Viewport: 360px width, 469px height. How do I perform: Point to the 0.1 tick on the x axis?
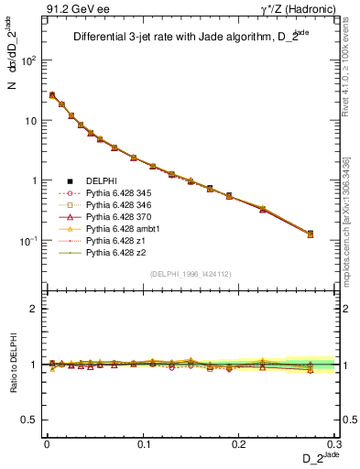click(x=142, y=443)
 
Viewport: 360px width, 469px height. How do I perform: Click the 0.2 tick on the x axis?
click(x=239, y=443)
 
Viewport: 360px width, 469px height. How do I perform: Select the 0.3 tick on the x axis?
click(x=335, y=443)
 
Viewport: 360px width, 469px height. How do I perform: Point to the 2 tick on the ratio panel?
click(x=33, y=309)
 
